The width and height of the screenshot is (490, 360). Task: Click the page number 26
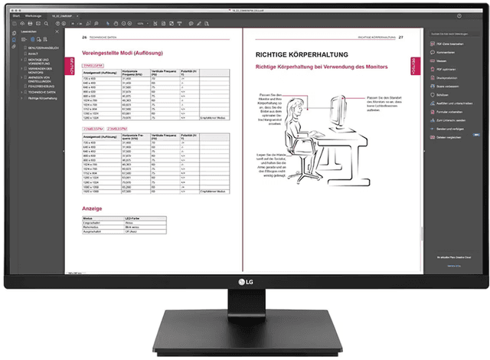point(84,36)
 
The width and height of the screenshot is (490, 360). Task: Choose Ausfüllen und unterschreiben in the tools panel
point(452,103)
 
